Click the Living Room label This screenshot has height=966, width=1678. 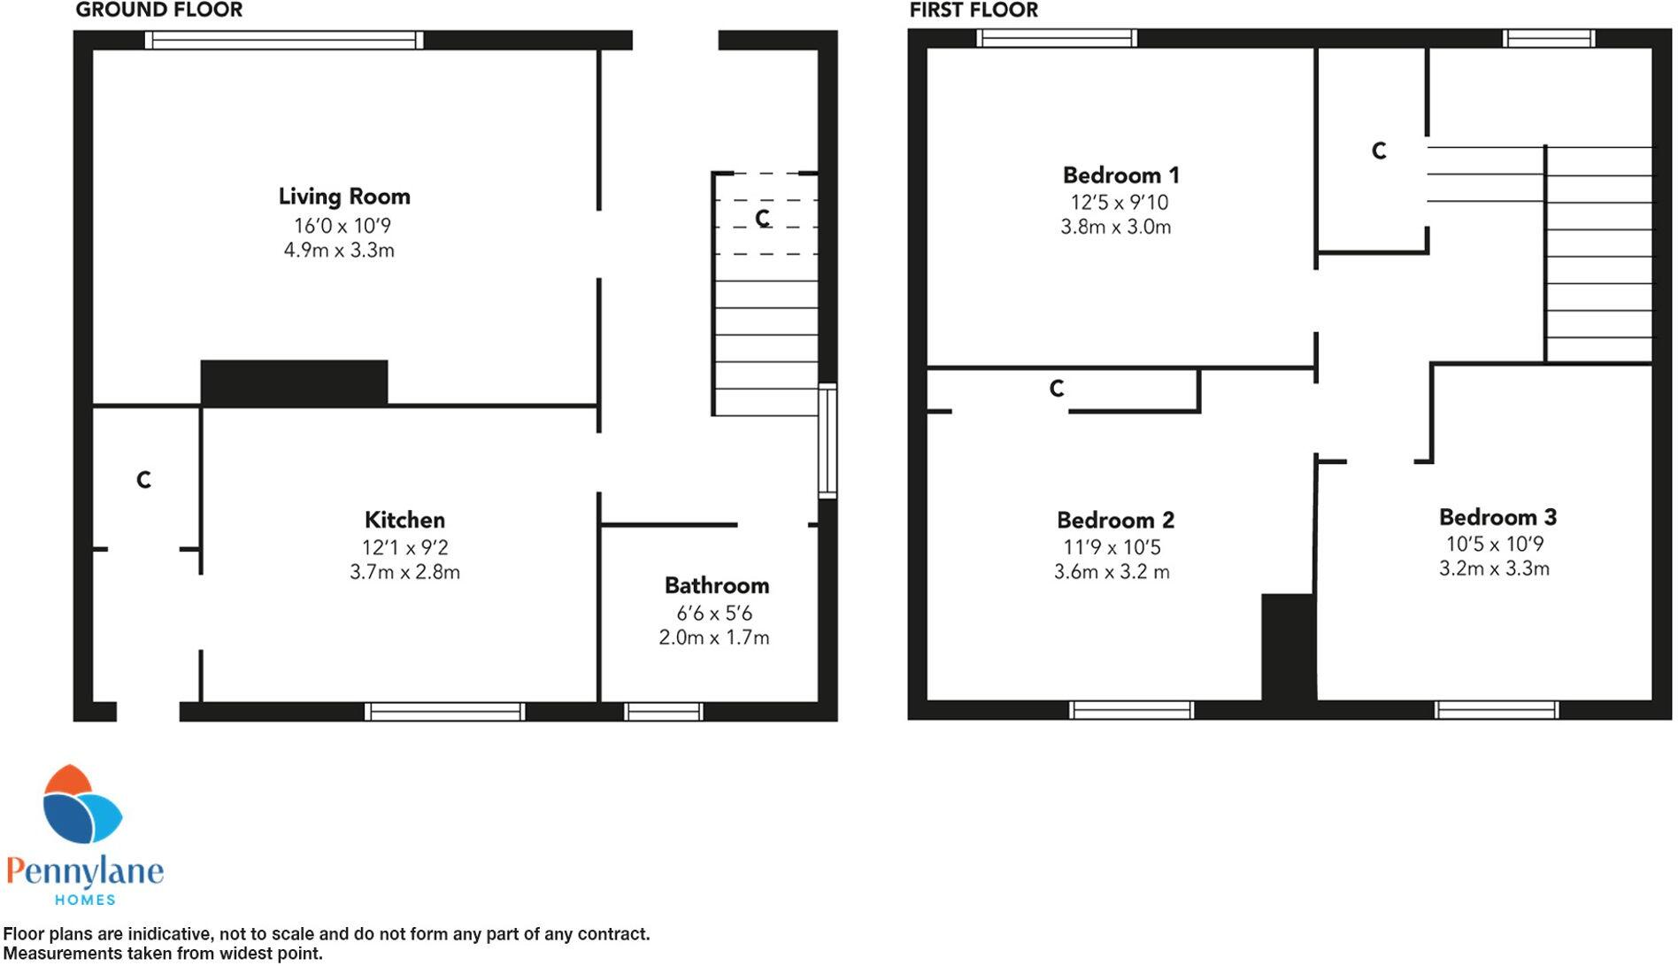pyautogui.click(x=344, y=197)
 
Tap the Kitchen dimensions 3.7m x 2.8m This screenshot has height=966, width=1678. pyautogui.click(x=404, y=573)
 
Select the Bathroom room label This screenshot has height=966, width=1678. pyautogui.click(x=716, y=586)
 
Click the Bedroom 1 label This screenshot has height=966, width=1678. pyautogui.click(x=1120, y=175)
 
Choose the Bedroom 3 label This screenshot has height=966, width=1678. pyautogui.click(x=1497, y=517)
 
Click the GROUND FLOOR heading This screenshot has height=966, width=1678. pyautogui.click(x=159, y=11)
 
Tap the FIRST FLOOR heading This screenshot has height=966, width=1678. pyautogui.click(x=974, y=11)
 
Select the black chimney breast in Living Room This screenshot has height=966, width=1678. pyautogui.click(x=294, y=383)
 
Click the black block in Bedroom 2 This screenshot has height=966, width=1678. pyautogui.click(x=1288, y=648)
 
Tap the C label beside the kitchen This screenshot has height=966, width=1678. pyautogui.click(x=143, y=480)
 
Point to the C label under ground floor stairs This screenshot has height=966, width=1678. pyautogui.click(x=762, y=218)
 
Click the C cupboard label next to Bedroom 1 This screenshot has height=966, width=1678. pyautogui.click(x=1378, y=151)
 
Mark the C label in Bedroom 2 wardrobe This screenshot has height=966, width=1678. pyautogui.click(x=1056, y=389)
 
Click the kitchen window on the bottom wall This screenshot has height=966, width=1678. pyautogui.click(x=444, y=712)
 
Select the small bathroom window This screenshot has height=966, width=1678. pyautogui.click(x=663, y=712)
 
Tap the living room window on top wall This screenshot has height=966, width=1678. pyautogui.click(x=283, y=40)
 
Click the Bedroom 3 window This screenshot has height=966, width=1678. pyautogui.click(x=1496, y=710)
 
